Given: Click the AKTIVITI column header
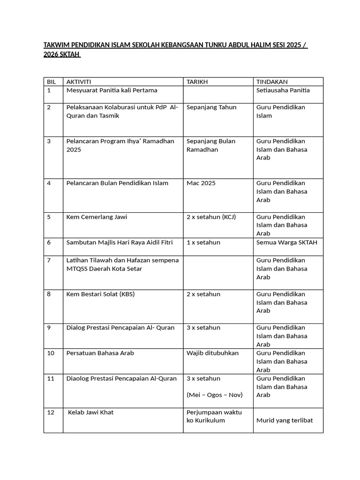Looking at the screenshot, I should tap(79, 82).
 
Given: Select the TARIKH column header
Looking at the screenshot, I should tap(197, 82).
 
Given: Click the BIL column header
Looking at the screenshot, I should tap(52, 82).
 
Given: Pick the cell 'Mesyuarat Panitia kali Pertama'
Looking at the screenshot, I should tap(112, 90).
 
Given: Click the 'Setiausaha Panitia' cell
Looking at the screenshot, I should tap(283, 90).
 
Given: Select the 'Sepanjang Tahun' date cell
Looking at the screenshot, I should tap(211, 107).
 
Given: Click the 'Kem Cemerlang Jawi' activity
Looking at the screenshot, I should tap(97, 217).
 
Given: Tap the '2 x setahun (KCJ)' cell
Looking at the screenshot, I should tap(211, 217).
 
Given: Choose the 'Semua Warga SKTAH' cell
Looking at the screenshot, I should tap(286, 242).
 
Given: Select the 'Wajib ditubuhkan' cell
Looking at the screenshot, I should tap(212, 353).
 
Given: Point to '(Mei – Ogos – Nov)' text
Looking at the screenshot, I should tap(215, 395).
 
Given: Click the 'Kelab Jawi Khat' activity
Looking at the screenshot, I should tap(91, 412).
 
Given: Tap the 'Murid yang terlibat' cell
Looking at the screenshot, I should tap(284, 420).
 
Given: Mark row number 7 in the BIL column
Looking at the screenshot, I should tap(49, 260).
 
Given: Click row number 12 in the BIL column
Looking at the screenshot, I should tap(51, 412).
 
